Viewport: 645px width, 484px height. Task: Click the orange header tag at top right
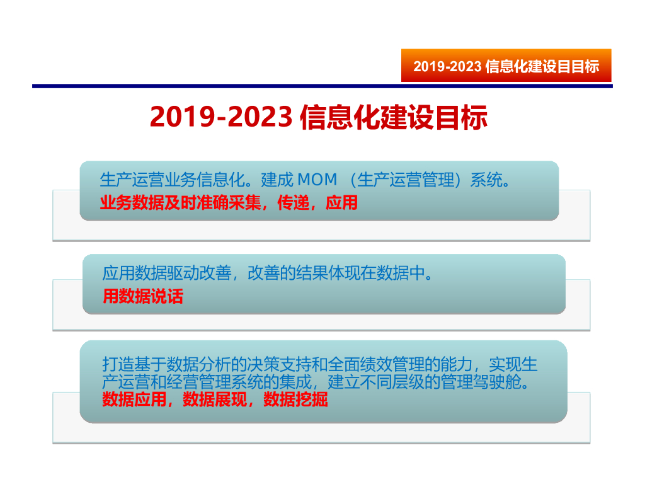[x=506, y=66]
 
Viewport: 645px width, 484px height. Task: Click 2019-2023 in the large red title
[x=220, y=117]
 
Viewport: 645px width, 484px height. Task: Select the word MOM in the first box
[x=318, y=180]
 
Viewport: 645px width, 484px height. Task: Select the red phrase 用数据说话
[x=142, y=296]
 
